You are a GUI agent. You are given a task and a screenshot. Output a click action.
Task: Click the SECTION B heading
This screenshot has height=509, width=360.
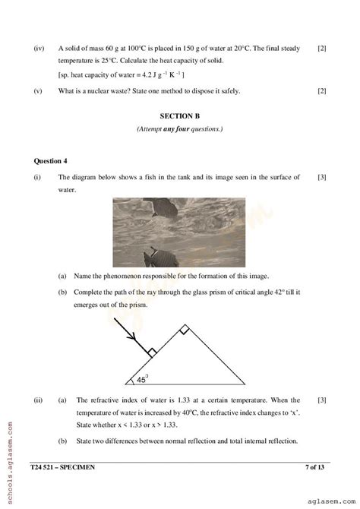(x=180, y=116)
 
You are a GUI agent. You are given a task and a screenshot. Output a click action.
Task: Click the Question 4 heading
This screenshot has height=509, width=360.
(x=51, y=161)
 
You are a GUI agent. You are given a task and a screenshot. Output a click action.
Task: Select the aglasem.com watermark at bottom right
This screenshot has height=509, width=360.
(x=327, y=493)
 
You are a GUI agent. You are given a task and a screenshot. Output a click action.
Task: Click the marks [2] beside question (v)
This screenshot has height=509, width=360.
(x=322, y=91)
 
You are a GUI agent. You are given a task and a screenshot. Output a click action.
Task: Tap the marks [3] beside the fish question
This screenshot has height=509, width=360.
(x=322, y=178)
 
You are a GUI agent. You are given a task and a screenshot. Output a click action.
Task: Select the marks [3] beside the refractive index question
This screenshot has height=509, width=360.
(x=322, y=400)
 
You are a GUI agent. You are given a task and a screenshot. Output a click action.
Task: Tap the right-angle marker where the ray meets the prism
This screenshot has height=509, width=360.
(x=152, y=352)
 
